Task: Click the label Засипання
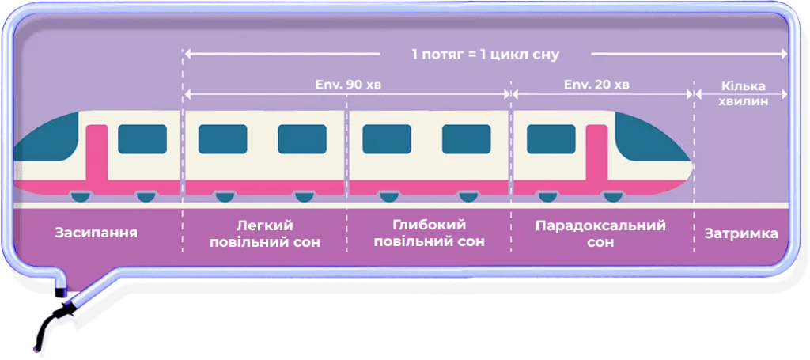97,233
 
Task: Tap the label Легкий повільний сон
265,233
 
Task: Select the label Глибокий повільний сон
428,233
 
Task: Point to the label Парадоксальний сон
600,233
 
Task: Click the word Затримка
741,234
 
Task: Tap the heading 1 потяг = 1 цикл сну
485,55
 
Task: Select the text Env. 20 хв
597,83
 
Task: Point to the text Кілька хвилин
742,93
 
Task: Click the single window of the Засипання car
142,138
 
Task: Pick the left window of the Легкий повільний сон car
222,138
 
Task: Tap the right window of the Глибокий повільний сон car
466,138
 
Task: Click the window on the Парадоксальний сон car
551,138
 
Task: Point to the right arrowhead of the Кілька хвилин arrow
785,93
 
